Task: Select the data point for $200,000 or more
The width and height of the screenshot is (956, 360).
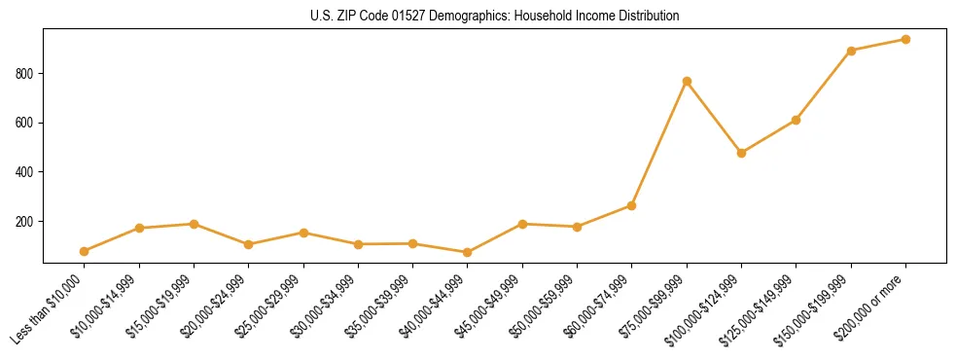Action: coord(905,40)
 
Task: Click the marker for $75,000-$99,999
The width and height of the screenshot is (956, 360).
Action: coord(687,82)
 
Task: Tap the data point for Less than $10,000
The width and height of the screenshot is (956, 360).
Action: coord(85,251)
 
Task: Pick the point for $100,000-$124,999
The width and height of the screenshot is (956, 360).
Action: coord(741,153)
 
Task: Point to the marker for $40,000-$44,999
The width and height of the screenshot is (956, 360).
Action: coord(468,252)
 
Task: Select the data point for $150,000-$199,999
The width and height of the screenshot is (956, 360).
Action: coord(851,51)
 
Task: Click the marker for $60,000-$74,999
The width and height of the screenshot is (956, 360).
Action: coord(632,205)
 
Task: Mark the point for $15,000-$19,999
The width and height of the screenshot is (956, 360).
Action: coord(195,224)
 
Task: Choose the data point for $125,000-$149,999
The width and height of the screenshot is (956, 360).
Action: coord(797,120)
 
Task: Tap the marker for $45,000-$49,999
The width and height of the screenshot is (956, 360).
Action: coord(522,224)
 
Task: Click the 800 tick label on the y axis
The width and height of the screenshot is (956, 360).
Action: coord(25,74)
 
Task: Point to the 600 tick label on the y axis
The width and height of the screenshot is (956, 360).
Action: coord(25,124)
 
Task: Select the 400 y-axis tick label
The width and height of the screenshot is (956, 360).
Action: coord(25,172)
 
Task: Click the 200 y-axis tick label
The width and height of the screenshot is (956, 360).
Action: coord(25,222)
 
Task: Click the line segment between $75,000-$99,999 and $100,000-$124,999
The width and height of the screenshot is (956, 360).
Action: coord(714,117)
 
